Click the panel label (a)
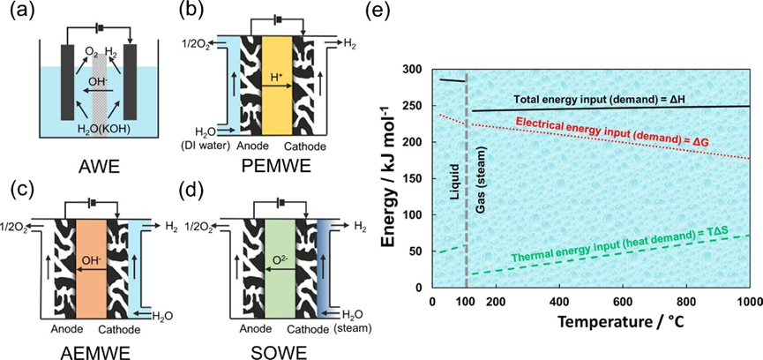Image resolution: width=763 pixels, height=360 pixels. pyautogui.click(x=19, y=12)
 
